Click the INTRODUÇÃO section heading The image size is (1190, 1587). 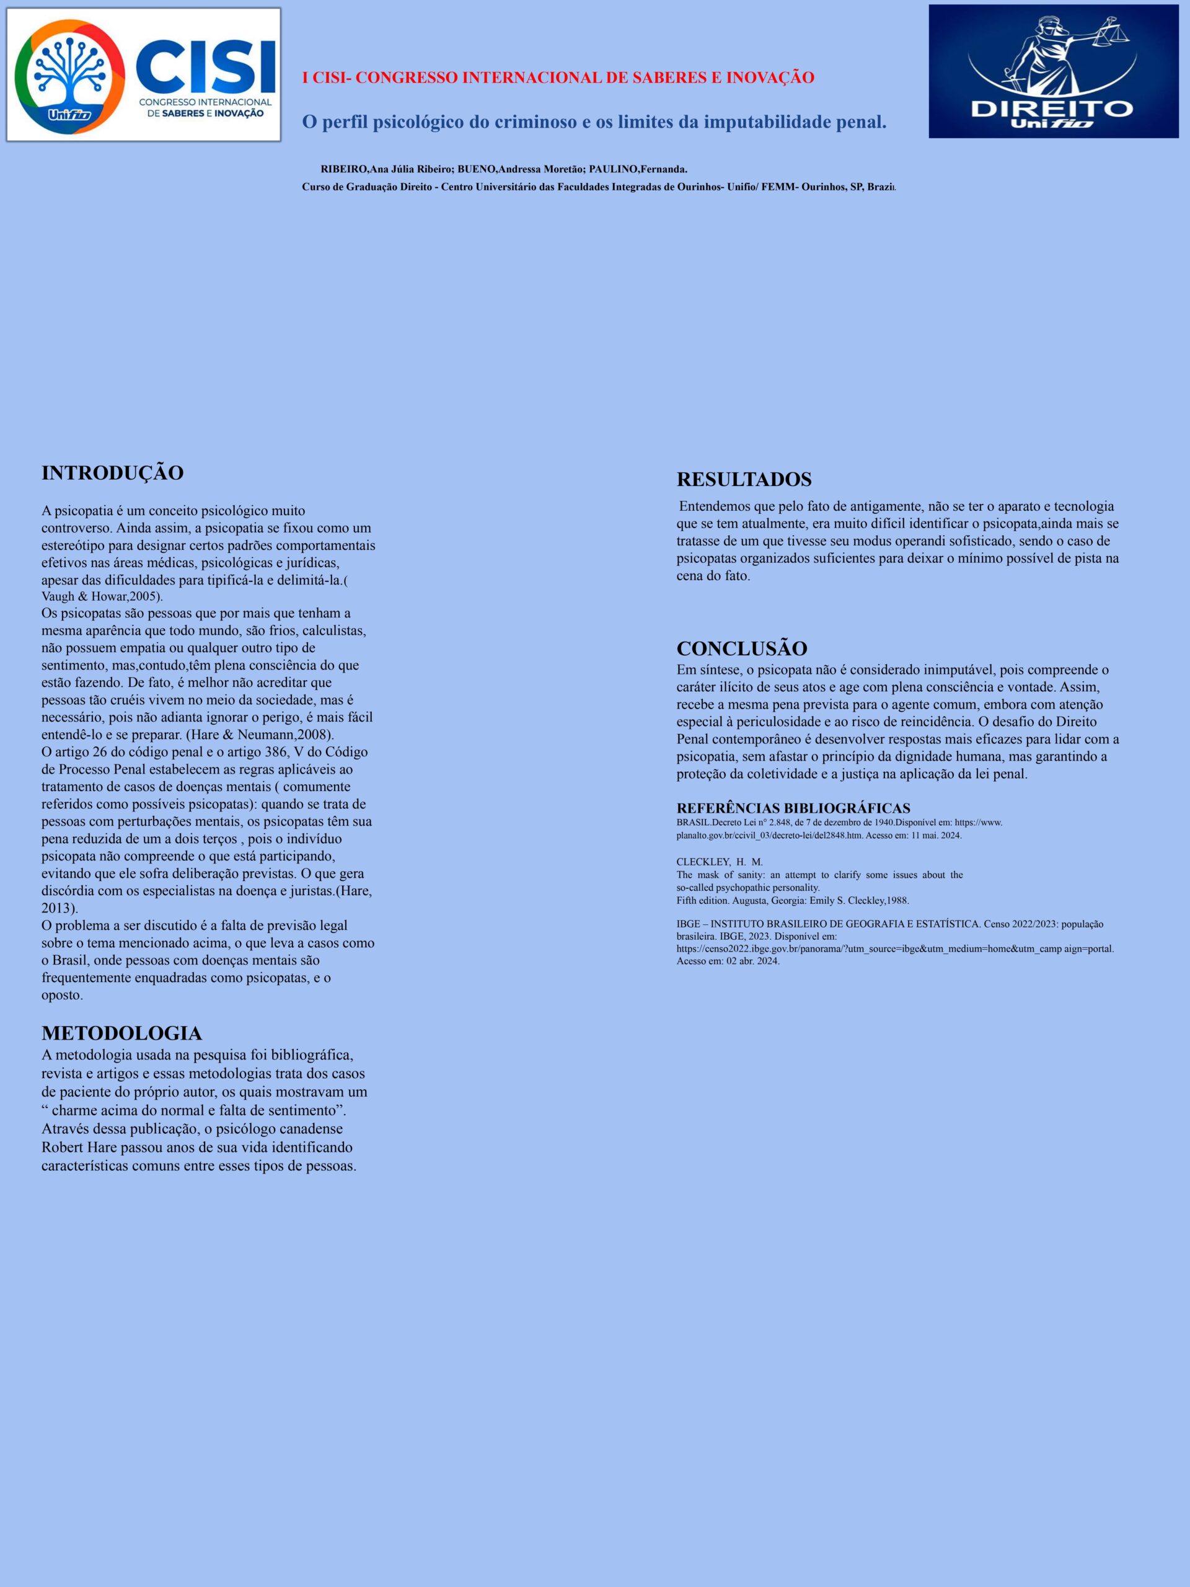pos(113,474)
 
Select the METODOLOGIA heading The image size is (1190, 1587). pos(121,1033)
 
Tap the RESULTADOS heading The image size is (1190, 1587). pos(744,479)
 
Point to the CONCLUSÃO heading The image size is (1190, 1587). pos(742,648)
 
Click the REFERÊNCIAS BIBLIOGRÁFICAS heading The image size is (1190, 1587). pos(793,808)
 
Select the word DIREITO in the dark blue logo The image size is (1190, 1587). pos(1052,109)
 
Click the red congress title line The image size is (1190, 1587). pos(558,77)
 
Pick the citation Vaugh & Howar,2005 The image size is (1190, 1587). pos(100,597)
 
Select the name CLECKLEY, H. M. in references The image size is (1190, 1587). pos(720,861)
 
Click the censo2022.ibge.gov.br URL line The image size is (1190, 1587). pos(894,948)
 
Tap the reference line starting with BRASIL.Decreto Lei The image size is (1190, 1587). pos(839,822)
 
